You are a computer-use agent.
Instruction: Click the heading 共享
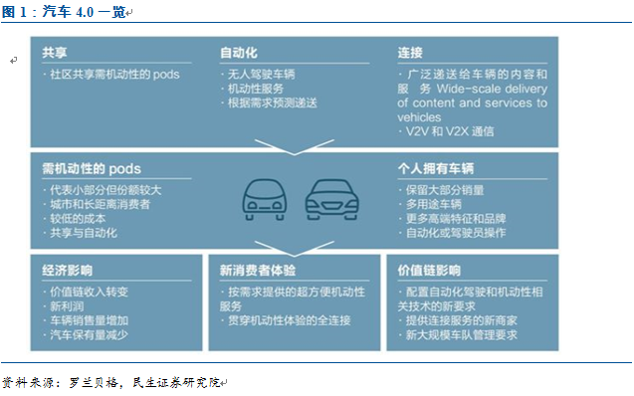point(55,53)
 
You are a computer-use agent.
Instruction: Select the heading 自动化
point(239,53)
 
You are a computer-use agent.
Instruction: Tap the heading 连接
point(410,53)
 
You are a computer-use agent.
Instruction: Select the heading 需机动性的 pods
point(92,168)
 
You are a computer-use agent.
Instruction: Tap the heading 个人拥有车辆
point(436,168)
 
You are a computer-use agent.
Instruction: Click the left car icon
point(265,200)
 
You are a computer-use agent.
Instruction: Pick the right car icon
point(332,200)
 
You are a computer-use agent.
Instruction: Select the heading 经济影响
point(67,271)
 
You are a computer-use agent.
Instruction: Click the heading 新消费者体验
point(258,271)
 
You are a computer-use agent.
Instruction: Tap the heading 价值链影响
point(429,271)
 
